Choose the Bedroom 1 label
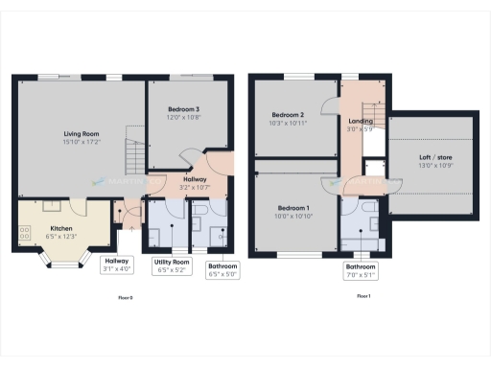click(293, 208)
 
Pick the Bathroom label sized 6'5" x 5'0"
click(222, 269)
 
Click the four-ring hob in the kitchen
click(24, 231)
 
